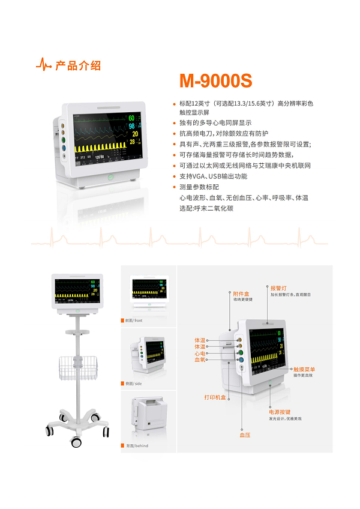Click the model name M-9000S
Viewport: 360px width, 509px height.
pos(215,81)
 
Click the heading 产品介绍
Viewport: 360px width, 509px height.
pos(78,65)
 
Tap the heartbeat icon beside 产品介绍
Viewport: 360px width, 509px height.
pos(44,65)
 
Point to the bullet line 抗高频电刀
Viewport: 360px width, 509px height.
pos(223,133)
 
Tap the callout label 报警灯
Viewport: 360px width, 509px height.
pos(278,288)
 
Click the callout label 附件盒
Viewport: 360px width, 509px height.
pos(241,294)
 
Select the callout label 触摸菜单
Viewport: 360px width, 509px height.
pos(304,369)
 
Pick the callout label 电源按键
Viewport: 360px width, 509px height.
pos(279,412)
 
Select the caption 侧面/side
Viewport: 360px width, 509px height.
pos(133,383)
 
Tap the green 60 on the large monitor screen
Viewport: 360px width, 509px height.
pos(131,118)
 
